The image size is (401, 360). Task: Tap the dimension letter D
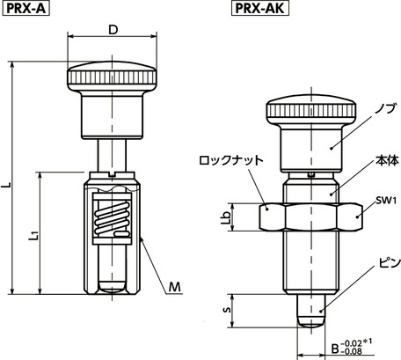coord(113,30)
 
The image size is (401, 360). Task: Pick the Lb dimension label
coord(227,216)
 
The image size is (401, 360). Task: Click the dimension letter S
coord(227,310)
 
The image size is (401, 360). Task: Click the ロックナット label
coord(231,161)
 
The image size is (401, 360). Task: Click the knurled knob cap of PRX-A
coord(112,75)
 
